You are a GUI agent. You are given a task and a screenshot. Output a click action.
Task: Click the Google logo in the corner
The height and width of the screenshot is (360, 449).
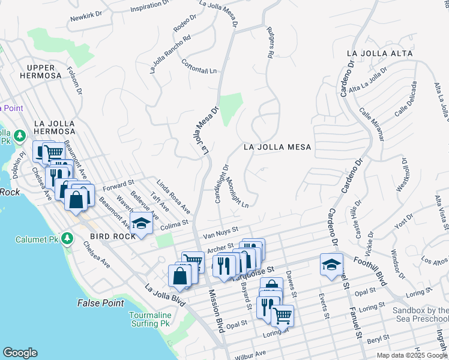point(20,353)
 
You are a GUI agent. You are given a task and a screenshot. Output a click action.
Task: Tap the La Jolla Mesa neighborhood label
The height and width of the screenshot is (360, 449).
point(277,147)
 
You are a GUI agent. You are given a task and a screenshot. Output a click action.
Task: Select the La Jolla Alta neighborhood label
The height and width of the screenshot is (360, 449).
point(379,53)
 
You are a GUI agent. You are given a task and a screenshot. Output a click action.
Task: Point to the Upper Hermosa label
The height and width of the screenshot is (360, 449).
point(39,71)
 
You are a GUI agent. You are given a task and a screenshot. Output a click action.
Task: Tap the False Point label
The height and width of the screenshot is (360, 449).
point(100,303)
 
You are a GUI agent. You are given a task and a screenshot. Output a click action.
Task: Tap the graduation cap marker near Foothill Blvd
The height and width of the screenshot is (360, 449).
point(331,265)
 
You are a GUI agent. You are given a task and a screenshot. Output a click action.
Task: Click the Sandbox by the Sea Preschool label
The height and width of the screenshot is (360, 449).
point(420,314)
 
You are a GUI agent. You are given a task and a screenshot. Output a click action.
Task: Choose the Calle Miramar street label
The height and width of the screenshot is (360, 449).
point(372,124)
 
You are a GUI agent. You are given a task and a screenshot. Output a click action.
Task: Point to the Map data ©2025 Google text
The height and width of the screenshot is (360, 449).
point(411,355)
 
